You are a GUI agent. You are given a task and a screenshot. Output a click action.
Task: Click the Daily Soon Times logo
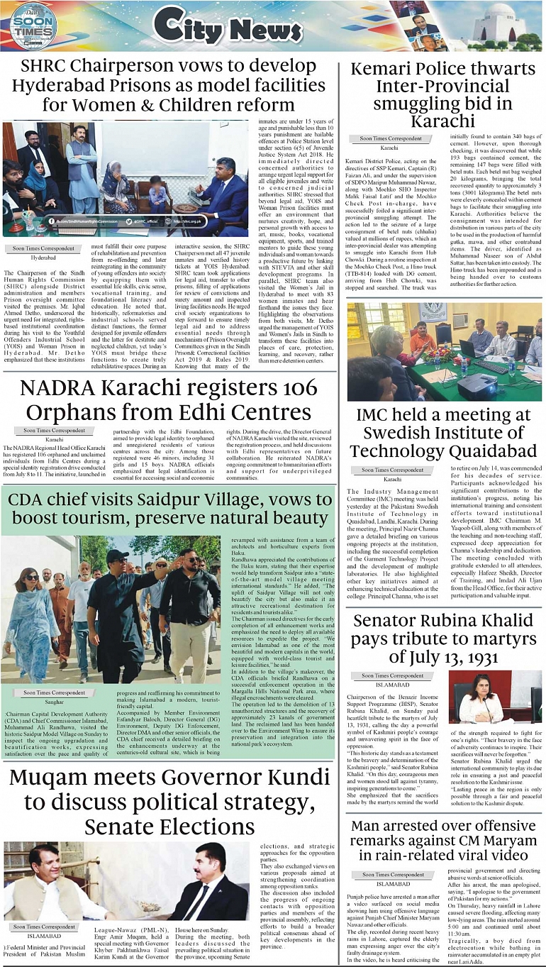click(x=33, y=26)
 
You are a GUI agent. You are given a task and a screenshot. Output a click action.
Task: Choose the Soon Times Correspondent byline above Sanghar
click(x=54, y=692)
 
